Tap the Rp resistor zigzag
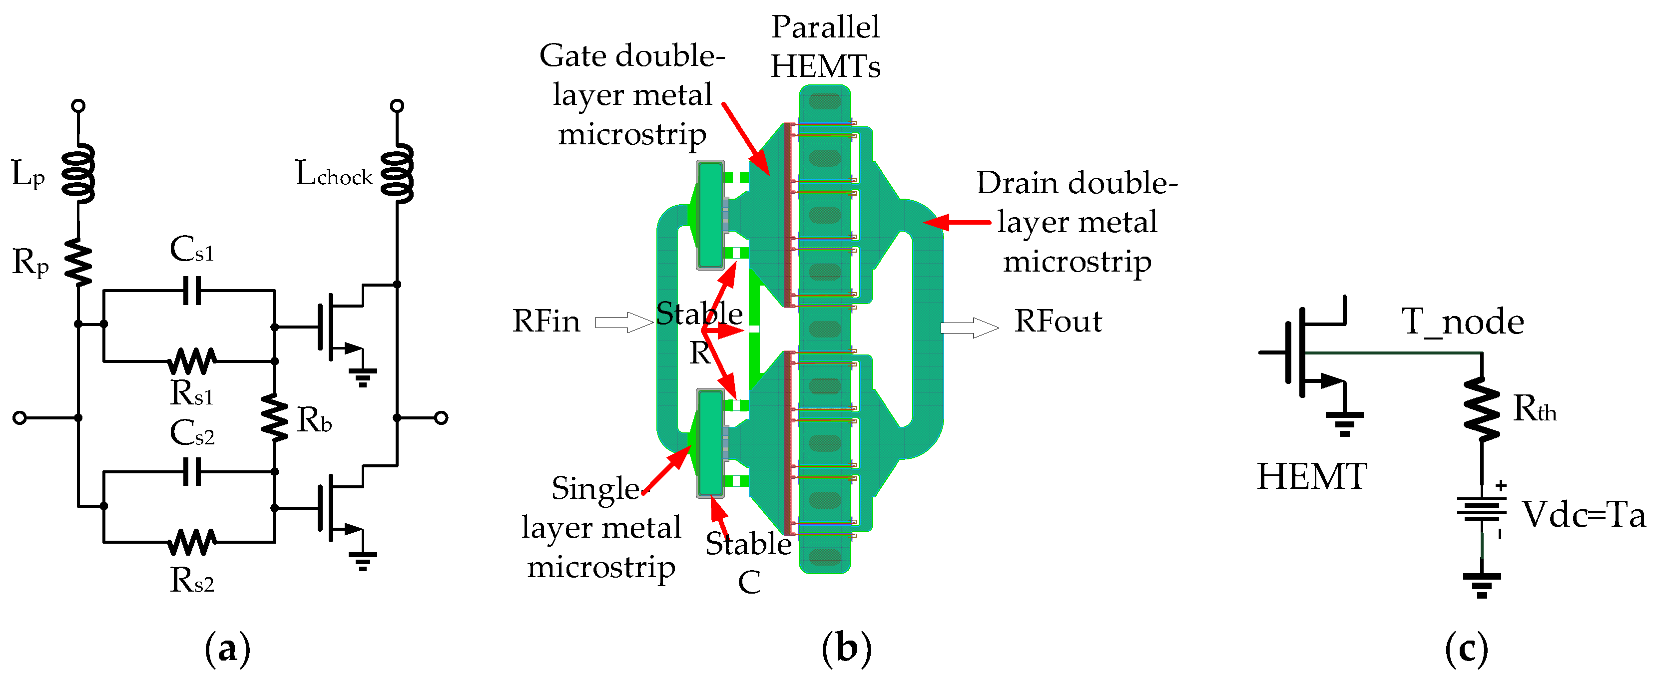[x=78, y=262]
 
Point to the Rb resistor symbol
[x=275, y=418]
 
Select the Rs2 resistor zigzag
[x=192, y=542]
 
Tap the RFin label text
[x=546, y=321]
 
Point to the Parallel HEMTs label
[x=825, y=46]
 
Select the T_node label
[x=1462, y=322]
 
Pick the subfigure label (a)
[x=227, y=648]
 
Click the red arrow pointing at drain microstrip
[x=957, y=223]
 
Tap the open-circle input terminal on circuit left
[x=20, y=418]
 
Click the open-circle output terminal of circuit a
[x=441, y=418]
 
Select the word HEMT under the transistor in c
[x=1312, y=476]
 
